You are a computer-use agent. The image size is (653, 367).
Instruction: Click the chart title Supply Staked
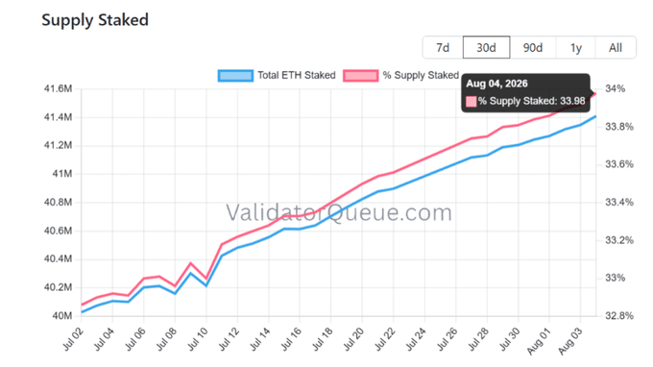(x=95, y=20)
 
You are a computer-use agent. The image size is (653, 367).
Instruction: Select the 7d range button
(x=443, y=47)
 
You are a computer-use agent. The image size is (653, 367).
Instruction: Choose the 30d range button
(x=487, y=47)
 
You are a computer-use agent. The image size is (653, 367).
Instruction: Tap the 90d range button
(x=533, y=47)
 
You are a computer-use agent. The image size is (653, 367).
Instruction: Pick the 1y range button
(x=576, y=47)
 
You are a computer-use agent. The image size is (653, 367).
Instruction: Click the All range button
(x=616, y=47)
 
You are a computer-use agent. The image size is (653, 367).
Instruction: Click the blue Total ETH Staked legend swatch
(x=235, y=75)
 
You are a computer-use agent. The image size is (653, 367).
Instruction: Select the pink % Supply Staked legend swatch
(x=361, y=75)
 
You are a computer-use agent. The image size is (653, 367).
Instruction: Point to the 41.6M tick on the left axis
(x=58, y=88)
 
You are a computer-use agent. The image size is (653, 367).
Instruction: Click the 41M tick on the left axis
(x=62, y=174)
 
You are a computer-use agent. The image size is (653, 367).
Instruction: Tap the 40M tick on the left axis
(x=62, y=316)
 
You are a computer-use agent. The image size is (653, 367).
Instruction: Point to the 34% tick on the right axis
(x=616, y=88)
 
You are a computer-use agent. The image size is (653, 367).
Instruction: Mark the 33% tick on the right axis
(x=616, y=278)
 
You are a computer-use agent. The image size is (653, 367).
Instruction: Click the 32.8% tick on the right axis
(x=619, y=316)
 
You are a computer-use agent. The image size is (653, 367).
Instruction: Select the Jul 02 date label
(x=73, y=339)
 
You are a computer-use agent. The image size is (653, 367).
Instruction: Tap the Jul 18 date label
(x=323, y=339)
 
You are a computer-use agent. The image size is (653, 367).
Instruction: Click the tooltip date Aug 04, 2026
(x=496, y=84)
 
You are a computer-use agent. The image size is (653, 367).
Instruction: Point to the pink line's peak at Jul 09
(x=191, y=263)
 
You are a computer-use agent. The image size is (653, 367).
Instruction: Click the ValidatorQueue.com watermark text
(x=339, y=212)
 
